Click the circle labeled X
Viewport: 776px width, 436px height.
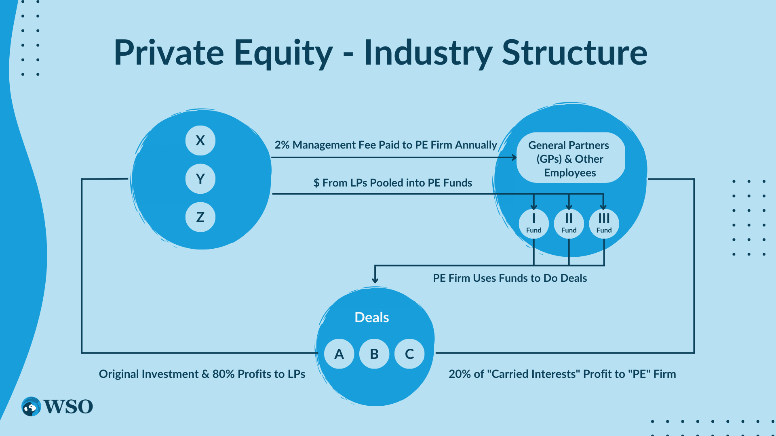click(200, 140)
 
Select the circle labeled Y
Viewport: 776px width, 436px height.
click(200, 178)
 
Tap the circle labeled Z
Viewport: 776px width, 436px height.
click(200, 217)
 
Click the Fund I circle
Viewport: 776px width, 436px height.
click(533, 223)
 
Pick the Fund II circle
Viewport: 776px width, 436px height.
click(569, 223)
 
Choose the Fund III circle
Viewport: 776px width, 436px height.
click(604, 223)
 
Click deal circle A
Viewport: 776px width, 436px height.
click(339, 354)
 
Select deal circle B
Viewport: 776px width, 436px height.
click(374, 354)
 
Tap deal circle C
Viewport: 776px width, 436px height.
click(409, 354)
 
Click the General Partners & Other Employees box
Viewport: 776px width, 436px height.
click(570, 158)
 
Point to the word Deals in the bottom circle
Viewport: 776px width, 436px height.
click(371, 317)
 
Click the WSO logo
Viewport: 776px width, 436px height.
click(57, 407)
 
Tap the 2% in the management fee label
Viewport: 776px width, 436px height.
click(282, 145)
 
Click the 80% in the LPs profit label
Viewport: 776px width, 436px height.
click(224, 374)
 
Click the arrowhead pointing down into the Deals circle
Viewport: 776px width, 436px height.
click(375, 280)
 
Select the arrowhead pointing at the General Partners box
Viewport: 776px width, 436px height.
click(514, 157)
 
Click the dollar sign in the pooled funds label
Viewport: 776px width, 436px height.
click(316, 183)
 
